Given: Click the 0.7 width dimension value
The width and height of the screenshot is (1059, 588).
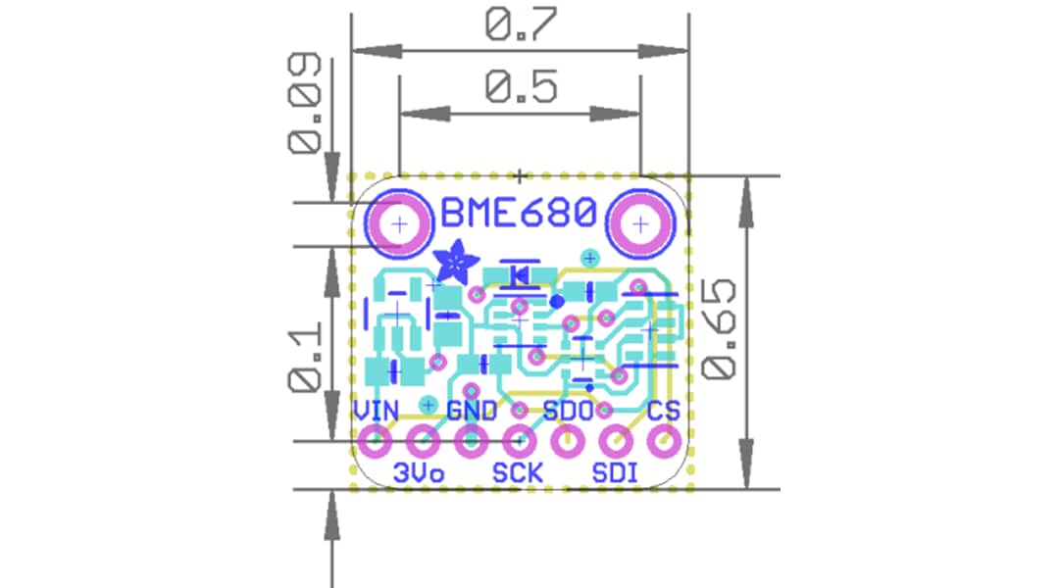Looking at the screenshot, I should [x=520, y=26].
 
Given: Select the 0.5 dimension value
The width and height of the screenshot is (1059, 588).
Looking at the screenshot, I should [x=520, y=88].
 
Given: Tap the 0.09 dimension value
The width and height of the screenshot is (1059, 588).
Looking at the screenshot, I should [x=306, y=104].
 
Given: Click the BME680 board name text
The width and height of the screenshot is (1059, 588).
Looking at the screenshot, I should [x=519, y=213].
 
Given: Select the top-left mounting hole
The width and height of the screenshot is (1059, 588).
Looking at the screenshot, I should [x=398, y=224].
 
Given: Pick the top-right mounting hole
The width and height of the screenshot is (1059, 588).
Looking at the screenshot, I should [x=640, y=224].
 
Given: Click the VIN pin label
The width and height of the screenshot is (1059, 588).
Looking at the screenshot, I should [x=375, y=411].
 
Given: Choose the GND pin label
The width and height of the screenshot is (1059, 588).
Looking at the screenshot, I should [x=472, y=411].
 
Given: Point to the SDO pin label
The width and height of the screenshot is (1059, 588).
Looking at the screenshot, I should [x=568, y=411].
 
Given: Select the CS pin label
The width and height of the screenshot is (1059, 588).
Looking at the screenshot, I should [x=664, y=411].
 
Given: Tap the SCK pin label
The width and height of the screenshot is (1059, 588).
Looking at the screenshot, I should [x=517, y=473].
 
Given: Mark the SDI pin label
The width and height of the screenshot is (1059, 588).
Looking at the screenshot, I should [x=615, y=473].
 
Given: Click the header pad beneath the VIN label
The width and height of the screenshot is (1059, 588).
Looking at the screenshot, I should [x=375, y=442].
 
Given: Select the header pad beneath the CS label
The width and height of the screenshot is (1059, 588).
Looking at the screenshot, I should [x=665, y=442].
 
